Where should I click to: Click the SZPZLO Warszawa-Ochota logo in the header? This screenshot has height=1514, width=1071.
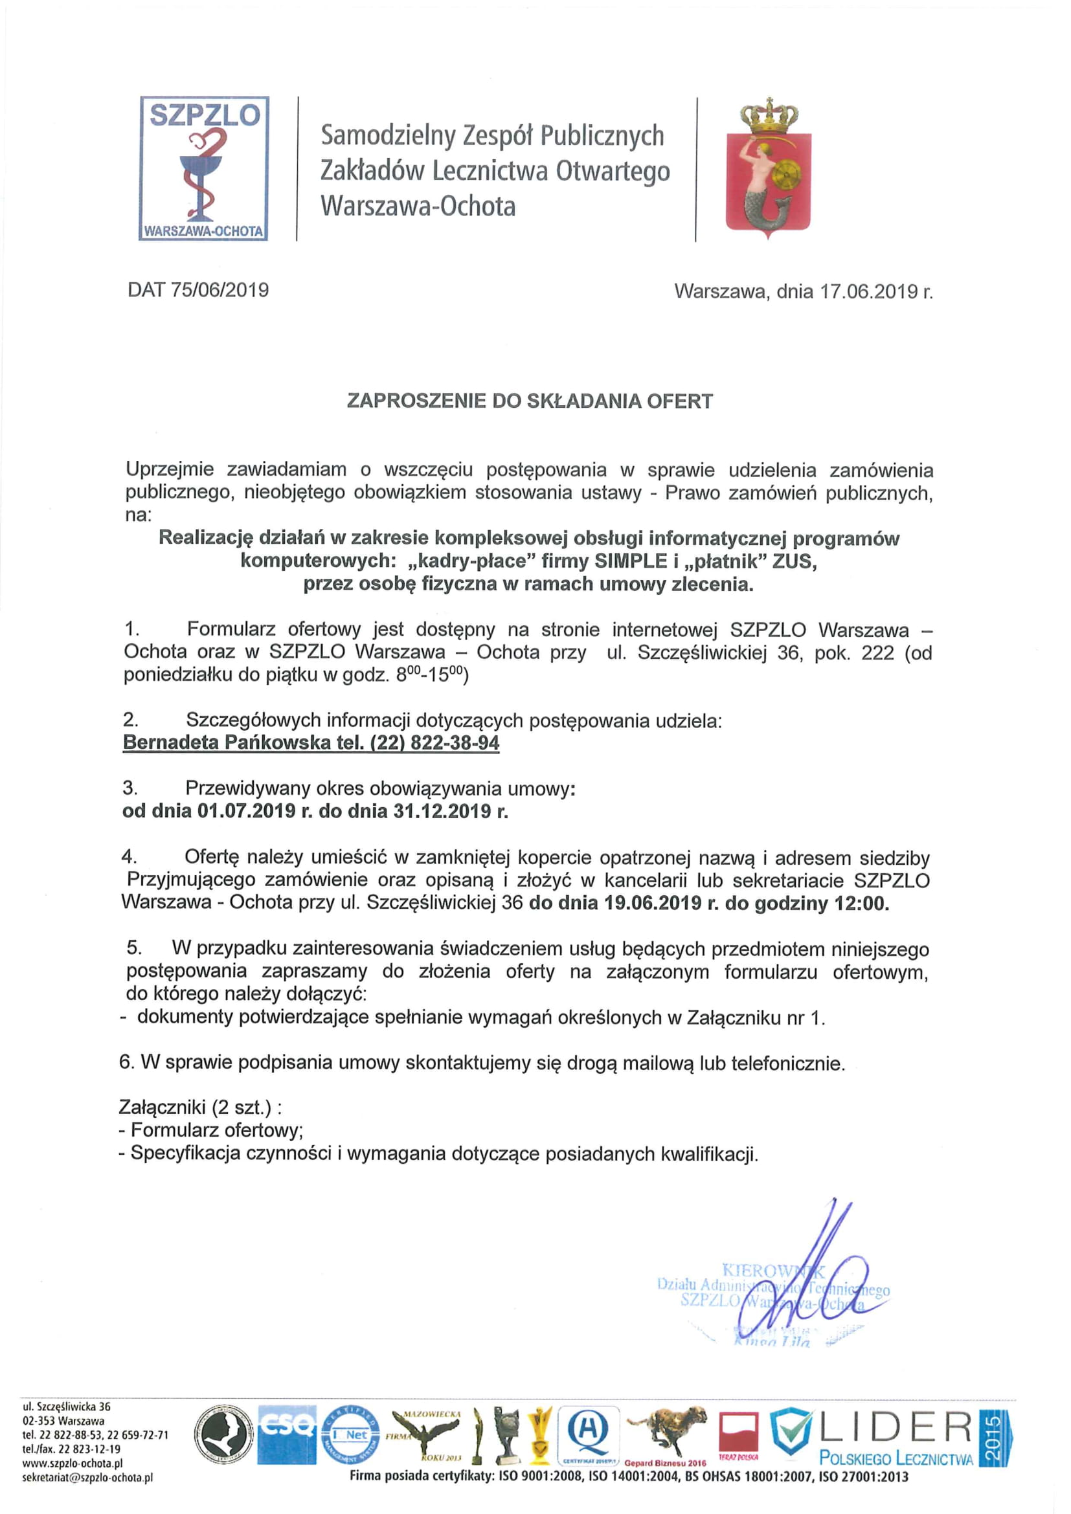click(x=204, y=168)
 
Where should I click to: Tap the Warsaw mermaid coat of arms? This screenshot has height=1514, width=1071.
click(x=769, y=168)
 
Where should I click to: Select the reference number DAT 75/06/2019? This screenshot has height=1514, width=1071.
click(x=199, y=290)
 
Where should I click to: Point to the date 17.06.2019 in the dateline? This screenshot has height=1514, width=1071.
click(x=870, y=291)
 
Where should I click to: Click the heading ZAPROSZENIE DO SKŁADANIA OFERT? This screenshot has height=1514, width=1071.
click(x=530, y=401)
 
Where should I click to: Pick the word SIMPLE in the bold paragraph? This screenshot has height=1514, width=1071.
click(x=632, y=561)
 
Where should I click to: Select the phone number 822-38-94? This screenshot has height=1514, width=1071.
click(x=455, y=742)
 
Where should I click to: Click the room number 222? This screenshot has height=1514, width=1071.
click(x=878, y=653)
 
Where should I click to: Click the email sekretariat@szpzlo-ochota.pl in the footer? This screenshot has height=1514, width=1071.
click(x=87, y=1478)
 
